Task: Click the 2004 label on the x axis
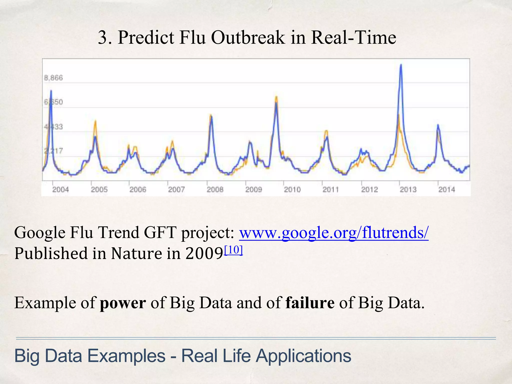tap(60, 189)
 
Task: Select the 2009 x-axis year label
tap(253, 189)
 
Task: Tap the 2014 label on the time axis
tap(446, 189)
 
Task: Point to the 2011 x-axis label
tap(330, 189)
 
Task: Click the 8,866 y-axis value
tap(53, 78)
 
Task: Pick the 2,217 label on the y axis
tap(53, 151)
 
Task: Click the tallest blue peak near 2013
tap(401, 65)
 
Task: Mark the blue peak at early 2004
tap(51, 91)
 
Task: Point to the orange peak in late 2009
tap(276, 97)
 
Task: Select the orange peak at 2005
tap(95, 121)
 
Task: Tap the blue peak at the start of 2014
tap(438, 125)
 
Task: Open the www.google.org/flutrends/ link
tap(334, 232)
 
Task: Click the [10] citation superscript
tap(233, 250)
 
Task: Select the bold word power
tap(123, 303)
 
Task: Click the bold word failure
tap(310, 302)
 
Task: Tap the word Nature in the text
tap(136, 253)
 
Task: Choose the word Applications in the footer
tap(303, 356)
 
